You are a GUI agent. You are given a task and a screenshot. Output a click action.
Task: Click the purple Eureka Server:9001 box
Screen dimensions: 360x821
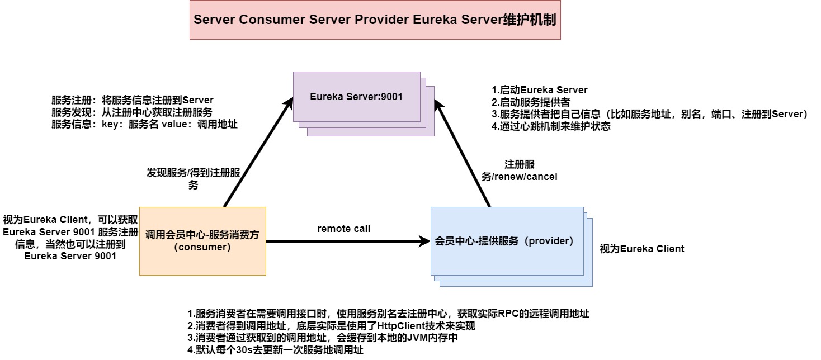click(x=356, y=97)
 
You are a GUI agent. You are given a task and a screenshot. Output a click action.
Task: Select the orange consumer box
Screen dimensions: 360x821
click(x=202, y=241)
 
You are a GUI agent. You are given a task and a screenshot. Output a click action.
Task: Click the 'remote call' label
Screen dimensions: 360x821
click(x=344, y=229)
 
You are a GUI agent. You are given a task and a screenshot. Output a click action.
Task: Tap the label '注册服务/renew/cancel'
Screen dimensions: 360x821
click(x=520, y=170)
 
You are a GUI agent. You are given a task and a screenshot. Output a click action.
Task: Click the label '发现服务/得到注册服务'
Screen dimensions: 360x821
click(x=194, y=179)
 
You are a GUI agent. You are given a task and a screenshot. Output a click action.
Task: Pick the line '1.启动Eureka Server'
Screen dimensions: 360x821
click(x=539, y=90)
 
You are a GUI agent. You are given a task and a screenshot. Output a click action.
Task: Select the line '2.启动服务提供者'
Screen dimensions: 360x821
click(x=531, y=102)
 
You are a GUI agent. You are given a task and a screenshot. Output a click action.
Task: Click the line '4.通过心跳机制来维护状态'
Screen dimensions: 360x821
click(x=550, y=126)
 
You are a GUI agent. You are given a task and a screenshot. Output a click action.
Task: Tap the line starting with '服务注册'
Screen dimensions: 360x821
click(x=132, y=101)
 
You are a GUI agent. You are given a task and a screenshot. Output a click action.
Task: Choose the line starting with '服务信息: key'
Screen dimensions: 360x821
click(x=144, y=125)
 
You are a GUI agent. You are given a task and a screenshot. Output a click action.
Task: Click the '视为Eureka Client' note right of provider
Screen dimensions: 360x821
click(x=641, y=249)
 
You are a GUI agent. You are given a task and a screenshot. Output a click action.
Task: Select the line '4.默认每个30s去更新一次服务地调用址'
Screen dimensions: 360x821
click(x=275, y=350)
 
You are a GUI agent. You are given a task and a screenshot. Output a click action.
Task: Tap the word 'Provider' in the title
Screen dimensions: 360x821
click(x=381, y=20)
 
